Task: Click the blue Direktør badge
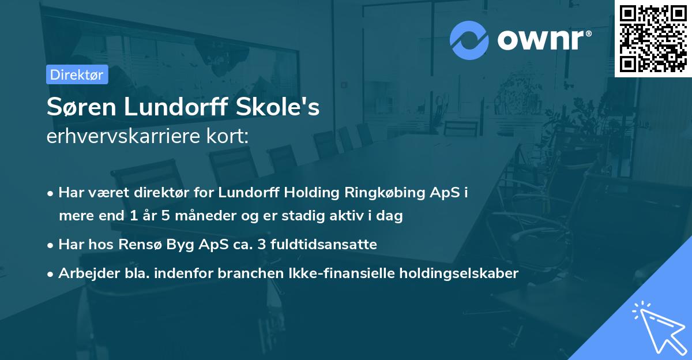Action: [x=77, y=75]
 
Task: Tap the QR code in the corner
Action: [x=653, y=38]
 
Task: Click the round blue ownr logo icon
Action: [x=469, y=40]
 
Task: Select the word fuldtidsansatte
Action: [x=325, y=245]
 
